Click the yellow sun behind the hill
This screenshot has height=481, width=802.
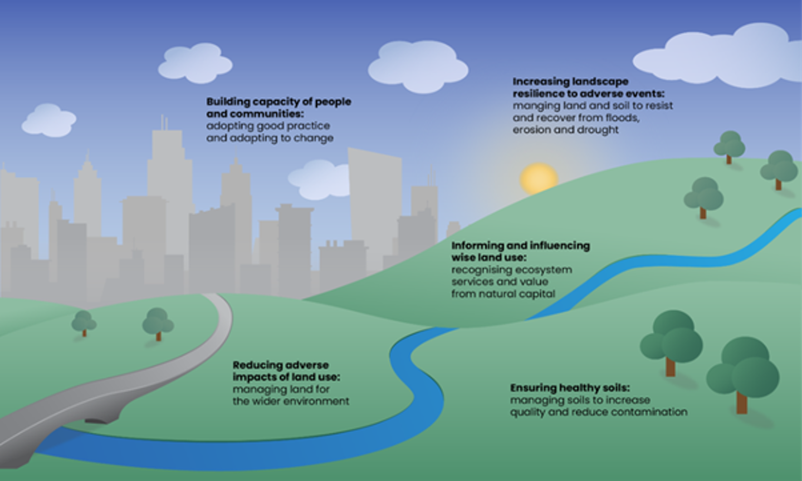click(539, 178)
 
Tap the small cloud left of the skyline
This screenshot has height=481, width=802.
click(48, 120)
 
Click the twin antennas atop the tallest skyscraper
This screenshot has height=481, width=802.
click(164, 122)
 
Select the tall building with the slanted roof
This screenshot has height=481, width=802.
click(375, 208)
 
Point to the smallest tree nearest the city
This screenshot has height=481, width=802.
click(84, 323)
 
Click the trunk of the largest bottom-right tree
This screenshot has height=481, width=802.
click(742, 403)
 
